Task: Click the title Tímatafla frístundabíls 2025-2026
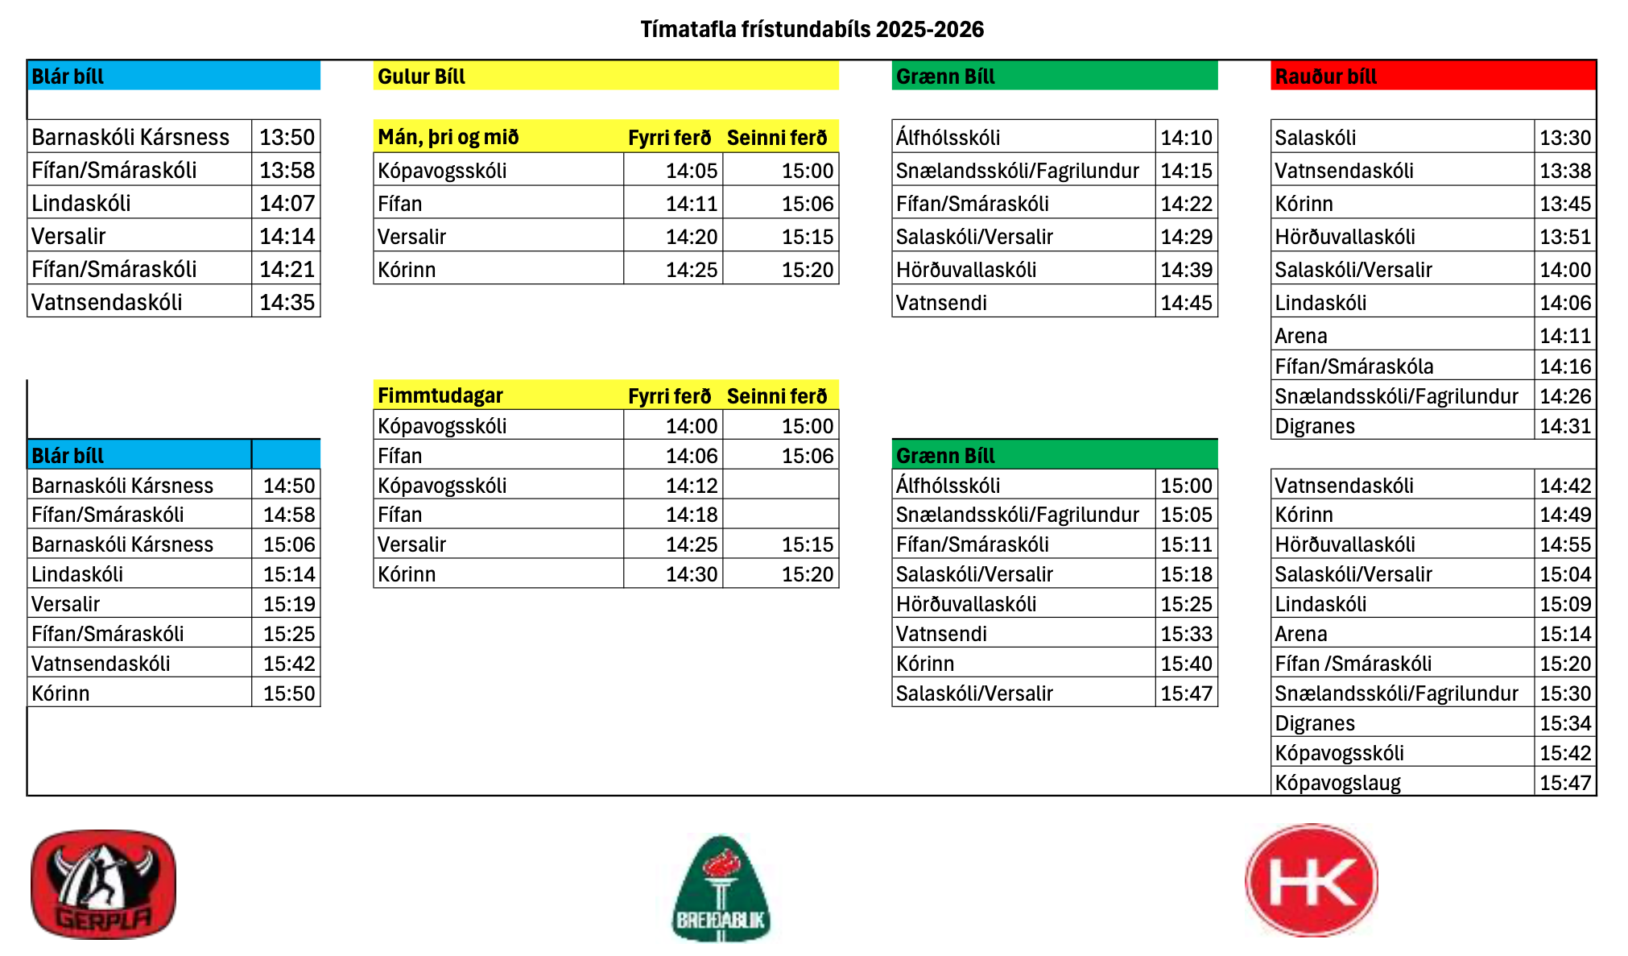pyautogui.click(x=812, y=30)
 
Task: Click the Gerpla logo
pyautogui.click(x=103, y=884)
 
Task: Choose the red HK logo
pyautogui.click(x=1311, y=880)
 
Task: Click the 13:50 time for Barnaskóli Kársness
pyautogui.click(x=287, y=137)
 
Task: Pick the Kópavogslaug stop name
pyautogui.click(x=1337, y=783)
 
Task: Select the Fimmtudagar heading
pyautogui.click(x=440, y=395)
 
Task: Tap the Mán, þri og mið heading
pyautogui.click(x=448, y=137)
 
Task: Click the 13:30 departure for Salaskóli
pyautogui.click(x=1564, y=138)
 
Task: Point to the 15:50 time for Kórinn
pyautogui.click(x=289, y=693)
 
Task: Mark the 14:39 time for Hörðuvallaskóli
pyautogui.click(x=1186, y=270)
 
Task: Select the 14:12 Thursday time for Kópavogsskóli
pyautogui.click(x=691, y=486)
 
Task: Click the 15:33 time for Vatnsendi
pyautogui.click(x=1186, y=634)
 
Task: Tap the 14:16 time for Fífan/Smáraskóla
pyautogui.click(x=1564, y=366)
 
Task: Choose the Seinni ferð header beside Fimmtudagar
pyautogui.click(x=776, y=396)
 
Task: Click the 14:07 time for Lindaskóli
pyautogui.click(x=287, y=203)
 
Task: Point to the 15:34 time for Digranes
pyautogui.click(x=1564, y=723)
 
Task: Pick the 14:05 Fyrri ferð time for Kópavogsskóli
pyautogui.click(x=691, y=171)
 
